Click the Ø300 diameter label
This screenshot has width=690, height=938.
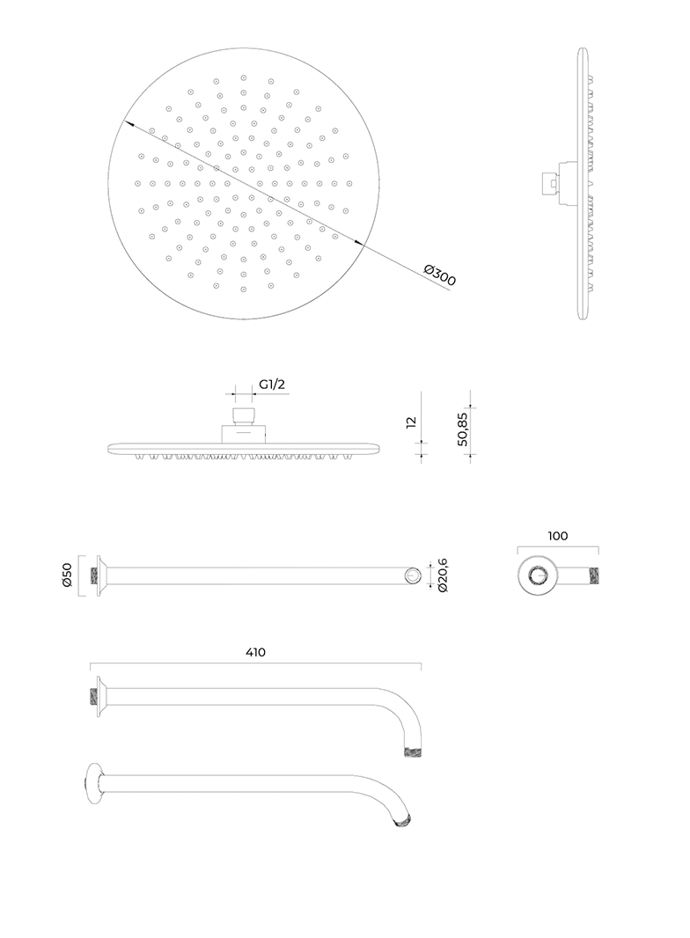point(440,275)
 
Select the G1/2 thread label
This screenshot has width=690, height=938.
point(272,384)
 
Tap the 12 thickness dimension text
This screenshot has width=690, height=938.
point(411,422)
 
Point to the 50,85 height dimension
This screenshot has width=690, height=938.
point(462,429)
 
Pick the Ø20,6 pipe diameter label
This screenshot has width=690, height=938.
point(444,575)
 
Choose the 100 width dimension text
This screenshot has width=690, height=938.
point(558,536)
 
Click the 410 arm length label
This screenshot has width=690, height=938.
point(255,652)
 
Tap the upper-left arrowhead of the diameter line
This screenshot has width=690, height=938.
point(128,124)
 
